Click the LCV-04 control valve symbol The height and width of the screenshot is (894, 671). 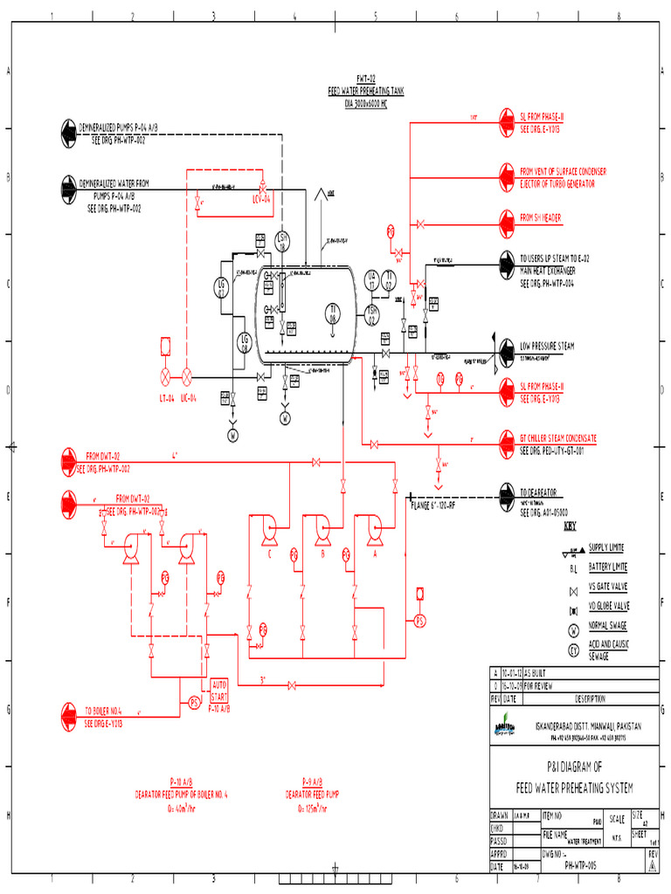(261, 187)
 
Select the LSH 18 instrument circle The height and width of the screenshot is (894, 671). (282, 242)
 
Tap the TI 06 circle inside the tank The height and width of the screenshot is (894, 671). (332, 313)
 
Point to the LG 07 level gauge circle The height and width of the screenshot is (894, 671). (221, 287)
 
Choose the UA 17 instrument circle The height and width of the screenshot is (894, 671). (371, 280)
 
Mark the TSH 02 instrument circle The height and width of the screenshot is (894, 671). (371, 315)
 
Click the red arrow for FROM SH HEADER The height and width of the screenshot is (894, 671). (507, 217)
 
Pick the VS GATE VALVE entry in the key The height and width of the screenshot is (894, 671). (609, 587)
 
